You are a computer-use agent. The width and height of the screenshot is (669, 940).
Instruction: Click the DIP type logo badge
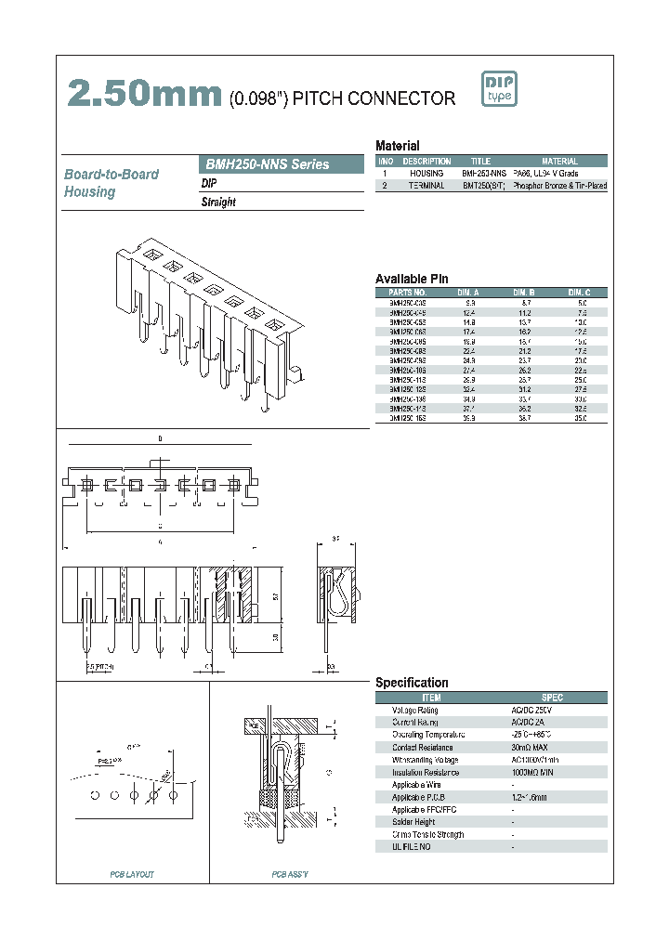pos(498,89)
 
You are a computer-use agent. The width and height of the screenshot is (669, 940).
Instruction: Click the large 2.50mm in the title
pos(145,95)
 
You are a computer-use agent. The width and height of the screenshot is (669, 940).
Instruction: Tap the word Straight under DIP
pos(218,202)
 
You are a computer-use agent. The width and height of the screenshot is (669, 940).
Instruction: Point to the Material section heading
pos(397,146)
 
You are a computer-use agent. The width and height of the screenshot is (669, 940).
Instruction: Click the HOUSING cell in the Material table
pos(426,174)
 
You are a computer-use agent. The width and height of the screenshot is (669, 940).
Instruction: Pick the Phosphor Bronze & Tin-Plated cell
pos(559,186)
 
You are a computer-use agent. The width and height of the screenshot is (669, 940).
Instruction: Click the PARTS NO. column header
pos(407,292)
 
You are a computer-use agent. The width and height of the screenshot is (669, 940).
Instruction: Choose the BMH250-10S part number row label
pos(407,370)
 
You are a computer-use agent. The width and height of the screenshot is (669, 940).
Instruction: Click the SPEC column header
pos(552,698)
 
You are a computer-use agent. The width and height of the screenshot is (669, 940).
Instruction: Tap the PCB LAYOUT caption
pos(132,874)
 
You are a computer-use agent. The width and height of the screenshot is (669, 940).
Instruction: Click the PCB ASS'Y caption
pos(290,874)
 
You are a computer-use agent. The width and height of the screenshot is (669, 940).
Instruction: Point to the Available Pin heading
pos(412,279)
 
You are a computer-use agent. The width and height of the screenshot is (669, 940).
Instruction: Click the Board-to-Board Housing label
pos(111,183)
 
